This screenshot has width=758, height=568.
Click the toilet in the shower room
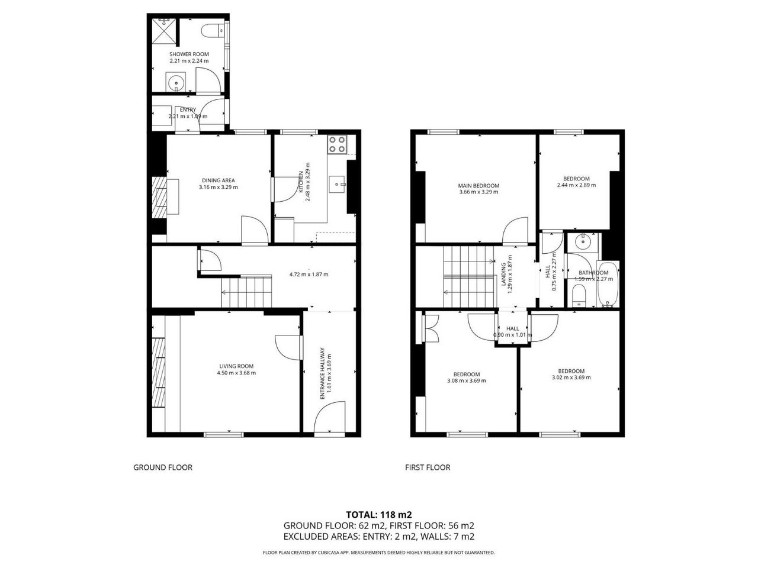[x=212, y=30]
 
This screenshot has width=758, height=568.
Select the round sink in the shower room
[x=176, y=82]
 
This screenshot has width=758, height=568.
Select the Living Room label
[x=236, y=366]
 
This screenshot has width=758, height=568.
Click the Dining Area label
[x=219, y=180]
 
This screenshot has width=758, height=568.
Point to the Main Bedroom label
[x=478, y=186]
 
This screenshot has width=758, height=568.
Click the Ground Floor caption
[x=163, y=467]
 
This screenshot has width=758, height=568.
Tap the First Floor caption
[x=428, y=467]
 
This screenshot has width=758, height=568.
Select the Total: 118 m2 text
[x=379, y=515]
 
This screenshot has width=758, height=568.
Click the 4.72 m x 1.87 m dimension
[x=309, y=275]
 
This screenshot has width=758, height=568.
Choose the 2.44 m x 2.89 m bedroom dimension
[x=576, y=185]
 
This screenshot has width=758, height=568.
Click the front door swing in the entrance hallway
[x=330, y=417]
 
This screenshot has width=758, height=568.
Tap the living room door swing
[x=288, y=348]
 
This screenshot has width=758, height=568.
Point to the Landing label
[x=503, y=275]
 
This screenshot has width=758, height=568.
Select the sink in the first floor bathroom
[x=583, y=241]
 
